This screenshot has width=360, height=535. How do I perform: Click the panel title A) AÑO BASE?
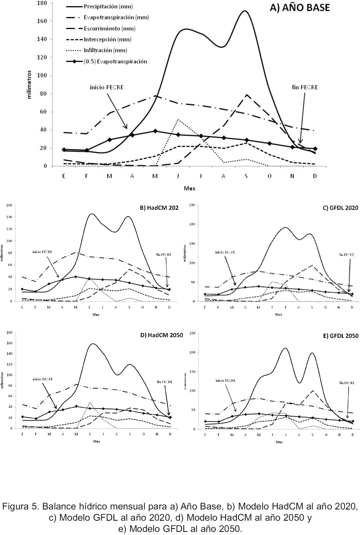coord(300,8)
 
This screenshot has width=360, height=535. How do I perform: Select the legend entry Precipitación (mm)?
coord(108,6)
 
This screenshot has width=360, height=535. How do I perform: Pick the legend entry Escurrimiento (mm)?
coord(109,28)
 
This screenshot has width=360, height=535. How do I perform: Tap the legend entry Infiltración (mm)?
coord(105,50)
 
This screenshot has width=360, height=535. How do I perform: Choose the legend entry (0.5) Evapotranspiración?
coord(115,61)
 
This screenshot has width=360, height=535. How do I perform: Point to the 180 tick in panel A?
coord(42,3)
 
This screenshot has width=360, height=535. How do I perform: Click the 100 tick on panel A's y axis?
coord(42,75)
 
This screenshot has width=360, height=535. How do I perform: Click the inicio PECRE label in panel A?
coord(107,87)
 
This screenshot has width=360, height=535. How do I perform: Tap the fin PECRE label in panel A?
coord(305,87)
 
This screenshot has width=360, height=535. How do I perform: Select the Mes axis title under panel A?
coord(189,188)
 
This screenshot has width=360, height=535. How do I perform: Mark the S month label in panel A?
coord(246,176)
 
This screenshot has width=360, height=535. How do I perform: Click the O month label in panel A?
coord(269,176)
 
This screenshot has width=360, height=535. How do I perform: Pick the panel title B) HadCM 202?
coord(159,208)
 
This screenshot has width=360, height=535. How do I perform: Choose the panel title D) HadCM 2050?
coord(161,335)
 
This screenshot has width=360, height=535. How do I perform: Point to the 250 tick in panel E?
coord(192,333)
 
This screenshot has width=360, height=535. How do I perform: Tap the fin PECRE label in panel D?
coord(165,382)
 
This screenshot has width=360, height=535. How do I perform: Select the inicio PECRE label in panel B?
coord(42,252)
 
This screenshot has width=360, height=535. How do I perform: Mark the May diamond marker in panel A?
coord(155,131)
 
